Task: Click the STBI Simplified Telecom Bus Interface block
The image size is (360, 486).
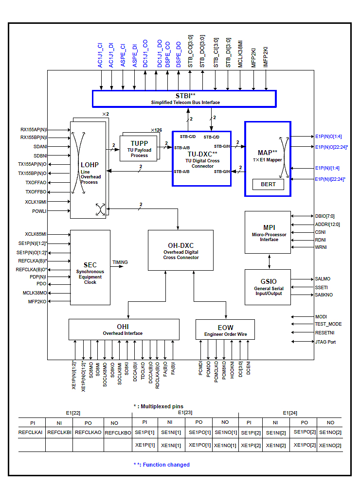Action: [x=184, y=99]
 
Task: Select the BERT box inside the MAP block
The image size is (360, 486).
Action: [x=268, y=184]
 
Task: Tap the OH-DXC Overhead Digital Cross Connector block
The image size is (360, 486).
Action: [x=180, y=250]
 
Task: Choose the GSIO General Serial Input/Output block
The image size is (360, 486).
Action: [x=268, y=286]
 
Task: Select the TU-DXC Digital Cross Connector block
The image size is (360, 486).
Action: [x=202, y=158]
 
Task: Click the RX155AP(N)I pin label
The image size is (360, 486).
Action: [x=34, y=130]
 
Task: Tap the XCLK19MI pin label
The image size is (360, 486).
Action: [x=36, y=202]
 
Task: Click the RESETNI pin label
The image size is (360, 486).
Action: [x=325, y=333]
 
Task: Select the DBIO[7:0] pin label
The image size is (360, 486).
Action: [x=324, y=216]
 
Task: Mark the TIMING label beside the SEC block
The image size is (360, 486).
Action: [x=120, y=262]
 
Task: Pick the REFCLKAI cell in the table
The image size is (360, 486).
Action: [x=31, y=432]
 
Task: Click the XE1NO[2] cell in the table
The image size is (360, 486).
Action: [x=331, y=446]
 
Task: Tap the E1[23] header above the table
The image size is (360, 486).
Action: [x=185, y=413]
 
